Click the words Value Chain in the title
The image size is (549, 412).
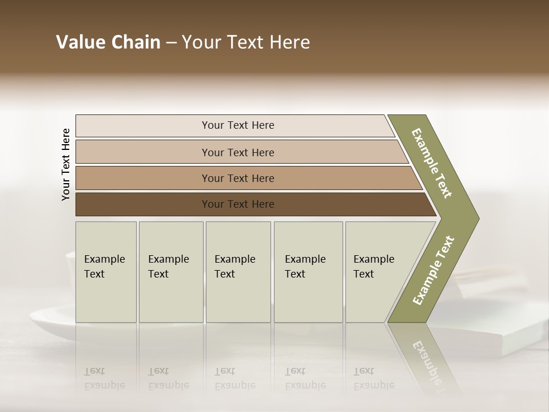(x=108, y=42)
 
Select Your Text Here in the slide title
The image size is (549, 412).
(x=246, y=42)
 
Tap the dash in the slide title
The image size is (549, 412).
(x=171, y=43)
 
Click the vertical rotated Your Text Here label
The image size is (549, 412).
(x=66, y=164)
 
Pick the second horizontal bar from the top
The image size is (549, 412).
(x=237, y=152)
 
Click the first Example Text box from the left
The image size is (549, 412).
(x=106, y=271)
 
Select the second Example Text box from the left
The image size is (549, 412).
(x=170, y=271)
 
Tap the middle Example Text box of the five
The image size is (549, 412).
(x=238, y=271)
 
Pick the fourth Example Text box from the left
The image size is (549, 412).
(x=308, y=271)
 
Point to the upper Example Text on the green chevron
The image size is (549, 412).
(x=432, y=163)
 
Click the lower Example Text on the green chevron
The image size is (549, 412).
(x=433, y=270)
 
